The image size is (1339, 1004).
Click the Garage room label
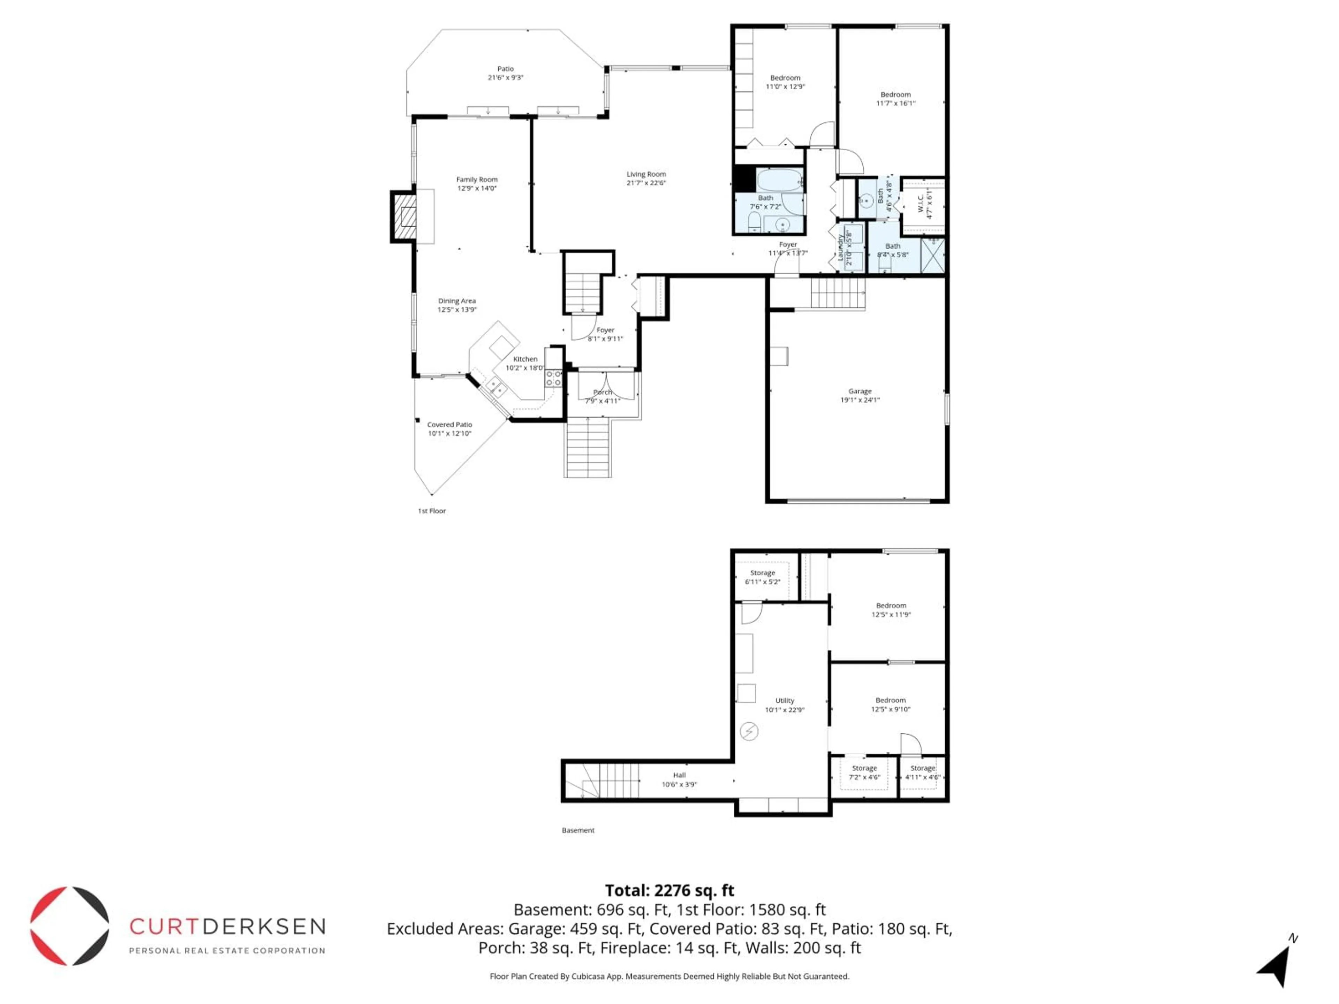pos(860,395)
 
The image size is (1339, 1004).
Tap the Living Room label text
pos(646,178)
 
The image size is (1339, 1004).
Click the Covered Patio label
pos(449,428)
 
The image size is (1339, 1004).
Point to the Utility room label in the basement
pos(785,705)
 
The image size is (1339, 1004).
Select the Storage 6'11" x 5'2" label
pos(762,577)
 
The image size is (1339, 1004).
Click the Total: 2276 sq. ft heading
pos(669,890)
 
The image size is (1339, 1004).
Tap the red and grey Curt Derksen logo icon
pos(70,926)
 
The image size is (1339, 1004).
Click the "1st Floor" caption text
pos(432,511)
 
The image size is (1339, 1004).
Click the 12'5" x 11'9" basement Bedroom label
pos(891,609)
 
